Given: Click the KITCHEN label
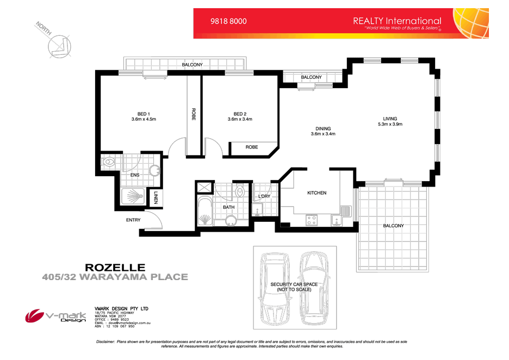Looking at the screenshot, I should pyautogui.click(x=316, y=193).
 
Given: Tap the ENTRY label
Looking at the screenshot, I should pyautogui.click(x=133, y=220).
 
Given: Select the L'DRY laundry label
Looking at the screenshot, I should pyautogui.click(x=264, y=196).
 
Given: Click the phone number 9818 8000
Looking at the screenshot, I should pyautogui.click(x=228, y=21).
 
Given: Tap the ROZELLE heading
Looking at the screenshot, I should pyautogui.click(x=115, y=268).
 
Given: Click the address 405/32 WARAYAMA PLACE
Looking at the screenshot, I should pyautogui.click(x=115, y=277).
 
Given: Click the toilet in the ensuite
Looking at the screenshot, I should pyautogui.click(x=109, y=162).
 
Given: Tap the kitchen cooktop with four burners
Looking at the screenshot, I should pyautogui.click(x=312, y=220).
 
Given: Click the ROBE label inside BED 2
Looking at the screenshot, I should pyautogui.click(x=251, y=147).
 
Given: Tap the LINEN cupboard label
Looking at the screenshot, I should pyautogui.click(x=156, y=198).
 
